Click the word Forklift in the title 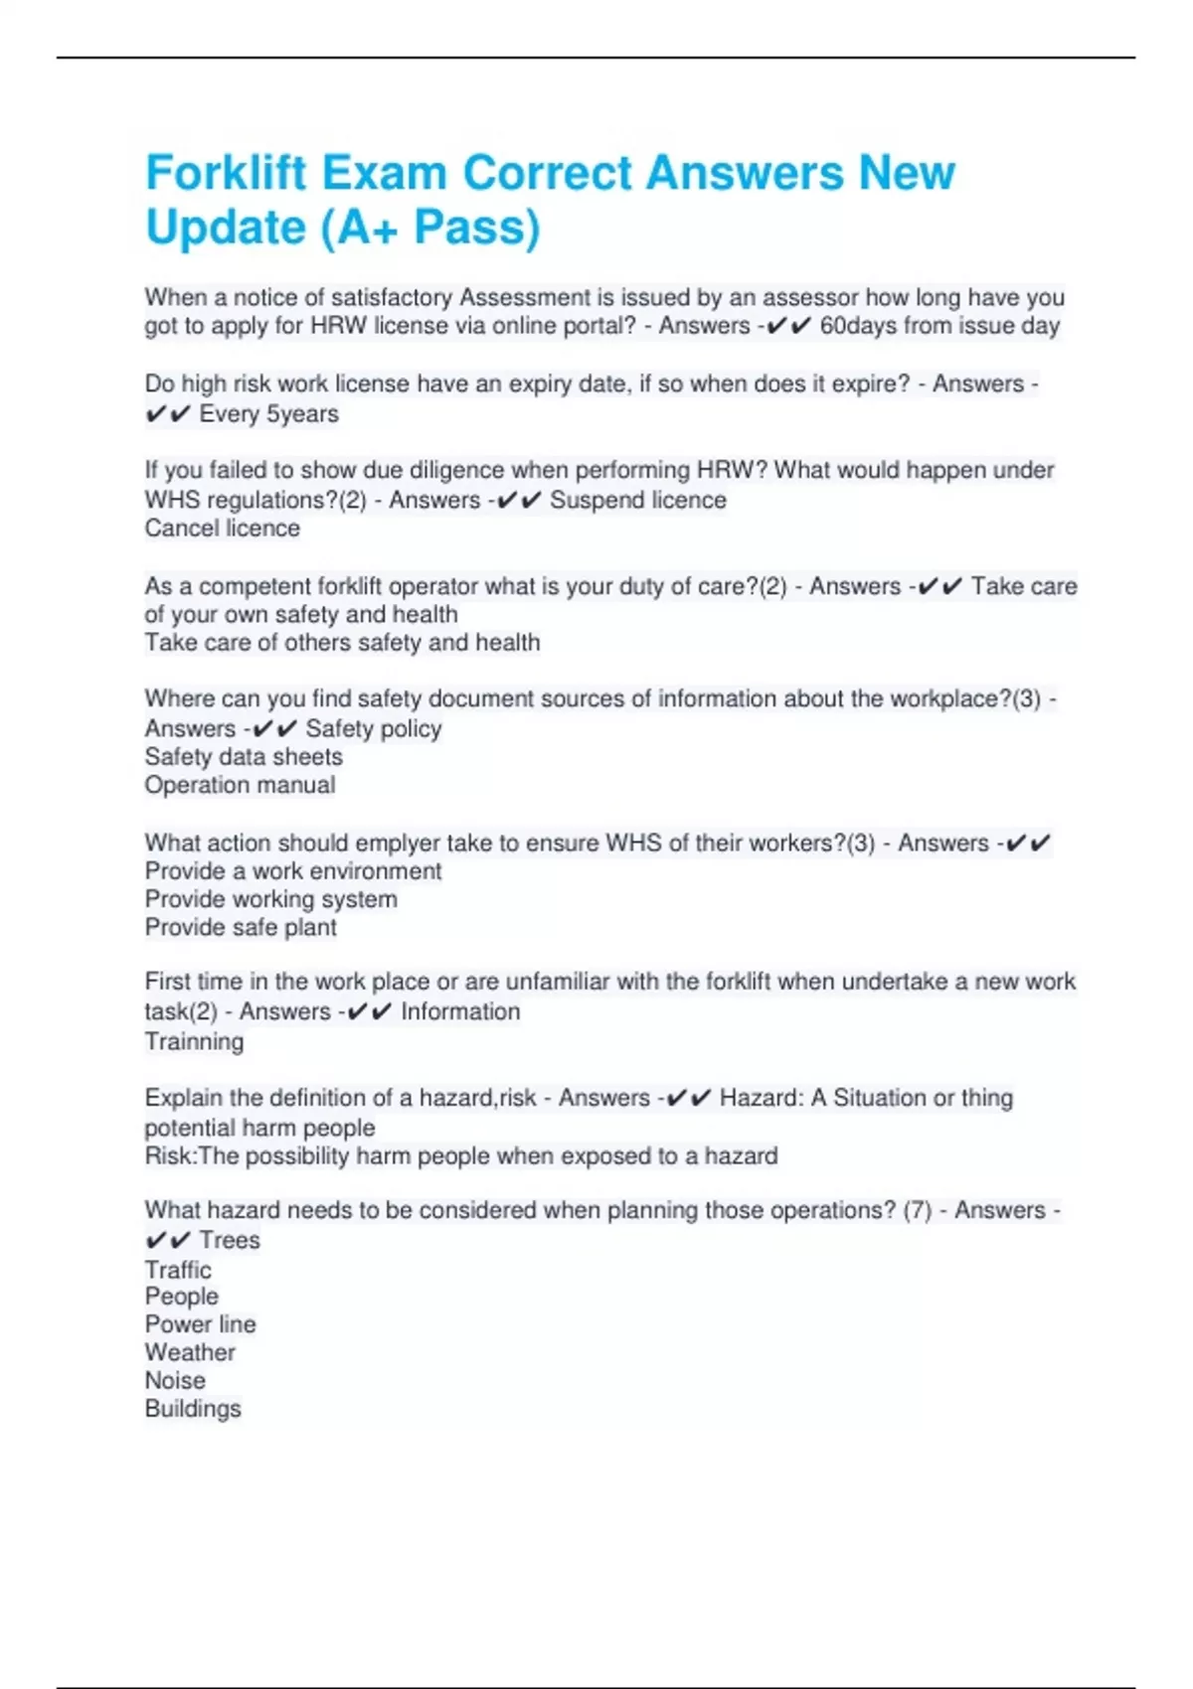tap(227, 174)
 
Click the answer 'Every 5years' tap(268, 414)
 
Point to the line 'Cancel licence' tap(222, 529)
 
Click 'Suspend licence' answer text tap(637, 500)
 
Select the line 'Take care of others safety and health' tap(342, 643)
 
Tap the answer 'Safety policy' tap(373, 728)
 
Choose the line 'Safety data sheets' tap(244, 757)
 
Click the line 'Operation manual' tap(240, 785)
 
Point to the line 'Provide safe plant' tap(241, 927)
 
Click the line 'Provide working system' tap(270, 899)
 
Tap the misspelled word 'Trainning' tap(194, 1041)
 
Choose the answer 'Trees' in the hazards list tap(230, 1240)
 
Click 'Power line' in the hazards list tap(200, 1324)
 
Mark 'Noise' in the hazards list tap(175, 1380)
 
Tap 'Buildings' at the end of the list tap(193, 1409)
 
